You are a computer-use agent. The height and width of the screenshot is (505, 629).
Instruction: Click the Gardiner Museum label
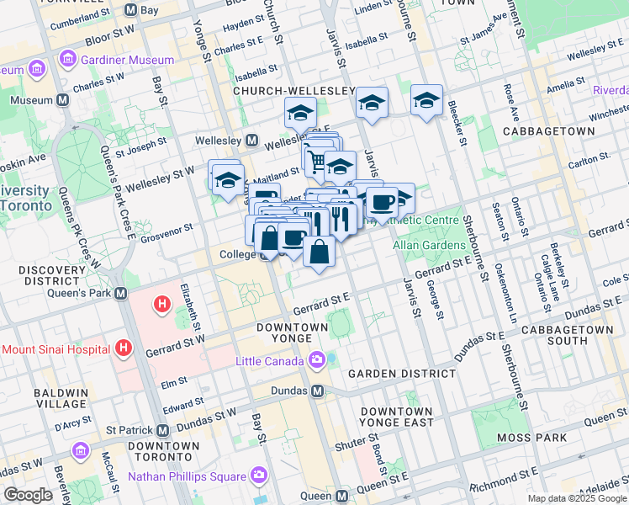tap(127, 60)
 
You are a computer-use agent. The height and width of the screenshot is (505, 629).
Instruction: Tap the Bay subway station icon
tap(129, 10)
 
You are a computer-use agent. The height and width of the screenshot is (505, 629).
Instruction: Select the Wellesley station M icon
tap(251, 140)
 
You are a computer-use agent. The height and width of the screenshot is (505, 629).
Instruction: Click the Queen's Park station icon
tap(121, 294)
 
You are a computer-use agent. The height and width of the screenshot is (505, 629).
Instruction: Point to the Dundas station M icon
tap(318, 391)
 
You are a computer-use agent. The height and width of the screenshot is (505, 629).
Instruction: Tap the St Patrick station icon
tap(162, 429)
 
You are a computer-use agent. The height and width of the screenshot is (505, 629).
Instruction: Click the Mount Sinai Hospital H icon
tap(124, 347)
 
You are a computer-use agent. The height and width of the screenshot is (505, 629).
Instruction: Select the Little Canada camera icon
tap(316, 360)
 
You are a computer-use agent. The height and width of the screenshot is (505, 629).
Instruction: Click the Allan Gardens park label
tap(429, 245)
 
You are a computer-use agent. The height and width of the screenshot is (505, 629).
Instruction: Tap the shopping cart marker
tap(316, 161)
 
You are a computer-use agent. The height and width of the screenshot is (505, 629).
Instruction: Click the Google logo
tap(28, 495)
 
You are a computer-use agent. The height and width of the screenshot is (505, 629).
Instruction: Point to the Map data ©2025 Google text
tap(577, 498)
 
